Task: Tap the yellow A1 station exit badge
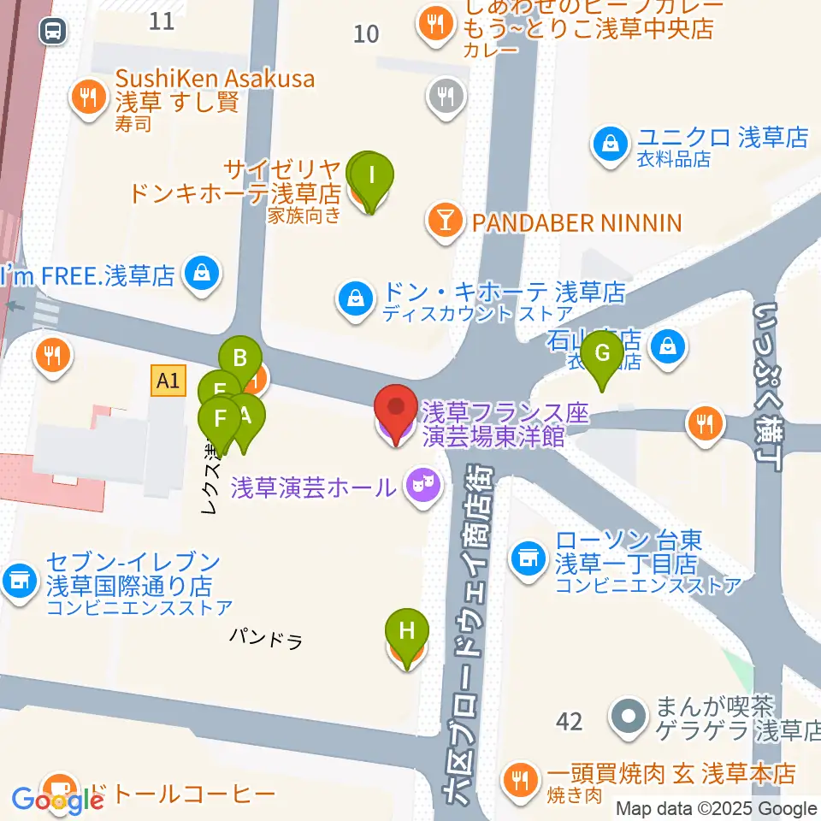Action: click(x=168, y=380)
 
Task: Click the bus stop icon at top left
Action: click(x=53, y=32)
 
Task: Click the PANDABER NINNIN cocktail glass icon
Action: click(x=445, y=223)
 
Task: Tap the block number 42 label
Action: click(x=569, y=721)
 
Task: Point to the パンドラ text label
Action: click(x=266, y=637)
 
